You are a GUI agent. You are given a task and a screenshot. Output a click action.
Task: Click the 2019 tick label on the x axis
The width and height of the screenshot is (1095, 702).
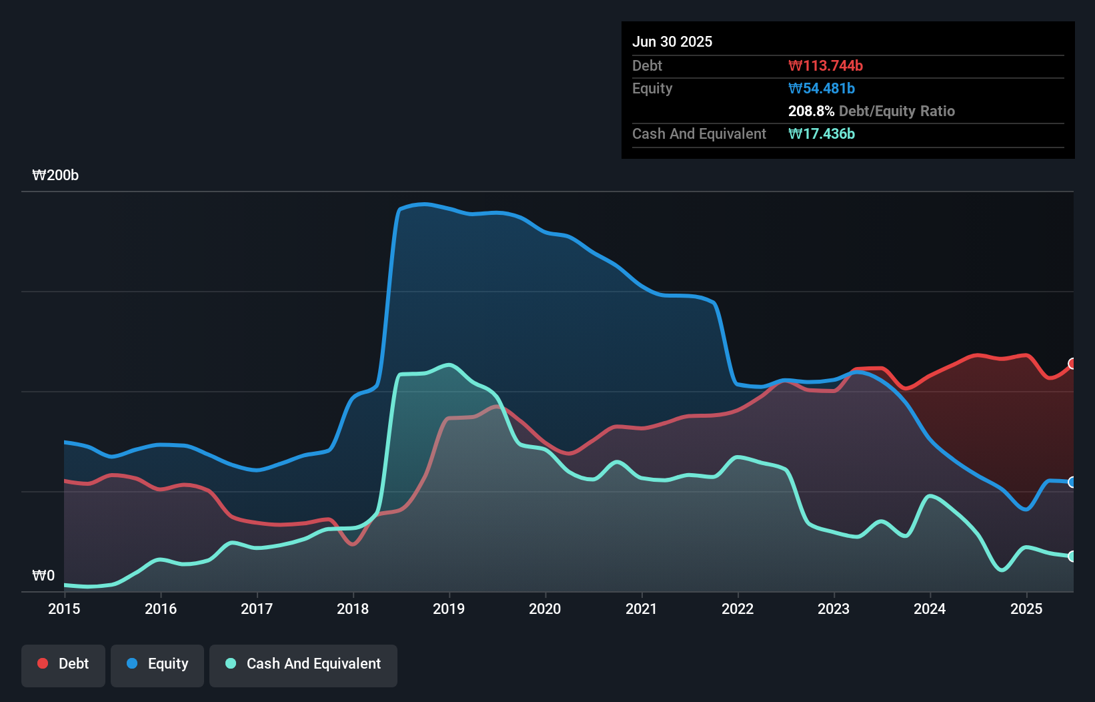point(449,609)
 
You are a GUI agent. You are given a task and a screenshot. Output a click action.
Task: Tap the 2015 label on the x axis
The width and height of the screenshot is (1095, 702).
point(64,609)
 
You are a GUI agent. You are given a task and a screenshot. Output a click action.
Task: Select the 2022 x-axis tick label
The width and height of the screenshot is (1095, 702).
point(738,609)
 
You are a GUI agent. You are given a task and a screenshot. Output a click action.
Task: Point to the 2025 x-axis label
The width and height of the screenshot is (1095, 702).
point(1026,609)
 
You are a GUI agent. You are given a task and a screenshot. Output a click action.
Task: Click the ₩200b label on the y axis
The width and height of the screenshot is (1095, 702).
point(55,175)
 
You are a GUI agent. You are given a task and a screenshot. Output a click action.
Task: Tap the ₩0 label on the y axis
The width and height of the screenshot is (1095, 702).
point(43,575)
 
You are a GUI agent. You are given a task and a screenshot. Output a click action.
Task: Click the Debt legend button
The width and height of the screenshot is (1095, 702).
point(63,664)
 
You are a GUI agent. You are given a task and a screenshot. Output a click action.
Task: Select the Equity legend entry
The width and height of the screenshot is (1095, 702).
point(157,664)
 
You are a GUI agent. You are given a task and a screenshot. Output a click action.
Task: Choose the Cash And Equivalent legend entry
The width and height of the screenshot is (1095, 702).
point(303,664)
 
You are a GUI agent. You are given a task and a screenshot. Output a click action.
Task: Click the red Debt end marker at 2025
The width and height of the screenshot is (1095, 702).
point(1072,364)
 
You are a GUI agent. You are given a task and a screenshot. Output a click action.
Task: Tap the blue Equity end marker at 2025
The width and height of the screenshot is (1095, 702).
point(1072,482)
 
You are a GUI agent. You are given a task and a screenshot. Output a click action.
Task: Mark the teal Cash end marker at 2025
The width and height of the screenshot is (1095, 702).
point(1072,556)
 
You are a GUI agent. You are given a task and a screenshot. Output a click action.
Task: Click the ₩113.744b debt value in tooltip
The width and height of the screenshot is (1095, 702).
point(825,65)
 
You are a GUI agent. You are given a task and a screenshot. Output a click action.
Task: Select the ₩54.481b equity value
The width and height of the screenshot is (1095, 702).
point(821,88)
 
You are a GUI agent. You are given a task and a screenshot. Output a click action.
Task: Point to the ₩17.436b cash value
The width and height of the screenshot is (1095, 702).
point(821,133)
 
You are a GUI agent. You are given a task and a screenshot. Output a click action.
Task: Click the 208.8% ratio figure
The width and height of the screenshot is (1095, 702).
point(811,111)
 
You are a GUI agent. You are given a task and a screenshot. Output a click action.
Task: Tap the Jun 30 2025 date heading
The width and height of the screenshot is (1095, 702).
point(672,41)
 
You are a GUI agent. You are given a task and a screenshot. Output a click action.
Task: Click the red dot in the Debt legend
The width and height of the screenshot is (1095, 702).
point(43,663)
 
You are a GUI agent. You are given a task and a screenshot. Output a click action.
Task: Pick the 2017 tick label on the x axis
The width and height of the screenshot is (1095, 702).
point(257,609)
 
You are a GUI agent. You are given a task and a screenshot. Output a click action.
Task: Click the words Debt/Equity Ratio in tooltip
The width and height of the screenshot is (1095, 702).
point(897,111)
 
